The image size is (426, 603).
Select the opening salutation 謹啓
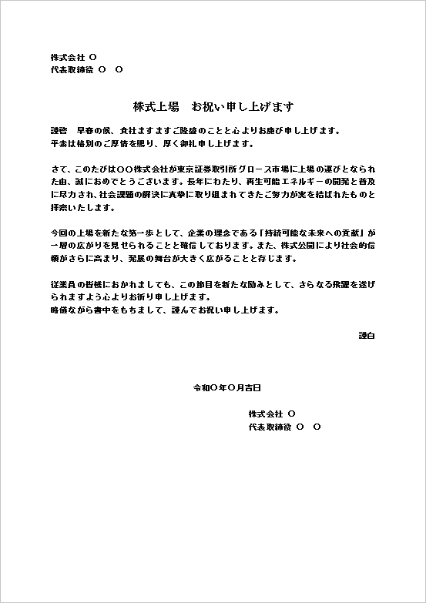[59, 131]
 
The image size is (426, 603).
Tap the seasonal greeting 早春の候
[92, 131]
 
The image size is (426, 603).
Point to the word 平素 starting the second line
[59, 143]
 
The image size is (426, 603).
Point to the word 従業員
[62, 284]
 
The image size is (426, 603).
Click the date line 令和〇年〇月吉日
[226, 387]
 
